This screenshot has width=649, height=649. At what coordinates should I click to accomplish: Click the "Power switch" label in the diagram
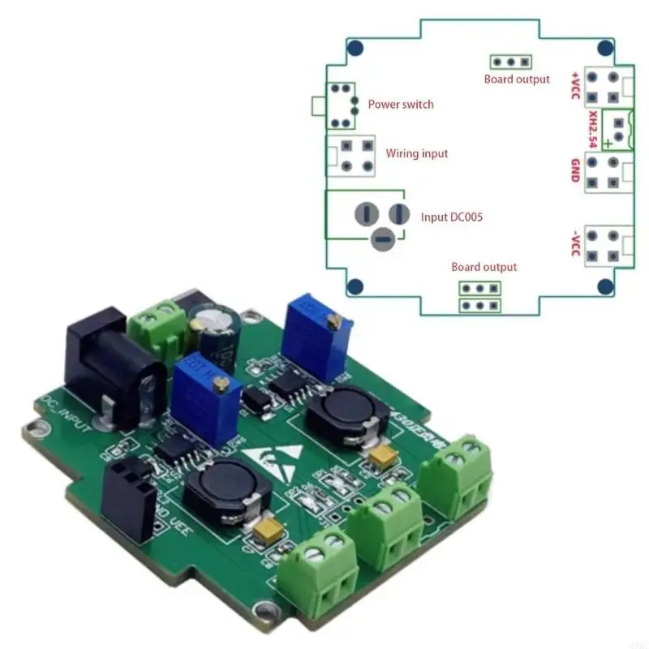[401, 105]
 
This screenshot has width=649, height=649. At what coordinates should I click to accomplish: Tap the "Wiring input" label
[416, 153]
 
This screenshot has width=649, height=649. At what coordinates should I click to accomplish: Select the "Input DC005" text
[453, 217]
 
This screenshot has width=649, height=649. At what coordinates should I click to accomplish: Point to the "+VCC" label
[575, 84]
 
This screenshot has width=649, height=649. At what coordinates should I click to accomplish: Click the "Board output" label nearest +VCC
[517, 80]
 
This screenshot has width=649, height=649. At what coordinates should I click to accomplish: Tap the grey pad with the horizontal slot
[382, 239]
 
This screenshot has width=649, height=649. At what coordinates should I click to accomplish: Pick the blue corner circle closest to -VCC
[604, 286]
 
